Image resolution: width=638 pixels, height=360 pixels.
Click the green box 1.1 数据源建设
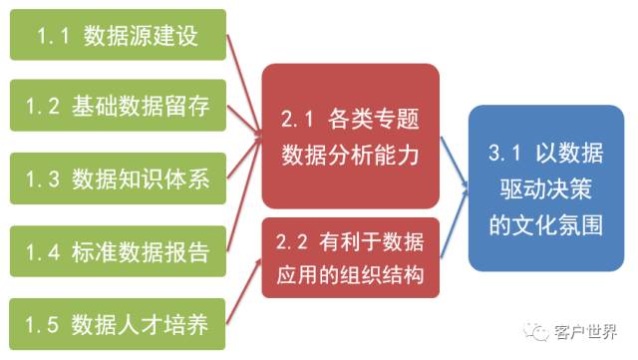coord(118,37)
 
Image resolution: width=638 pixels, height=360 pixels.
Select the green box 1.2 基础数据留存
coord(118,108)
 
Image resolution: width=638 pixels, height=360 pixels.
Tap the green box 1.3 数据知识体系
coord(118,180)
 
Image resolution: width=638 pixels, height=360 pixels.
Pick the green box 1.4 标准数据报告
coord(118,251)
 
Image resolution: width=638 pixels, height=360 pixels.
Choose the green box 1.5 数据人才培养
coord(118,323)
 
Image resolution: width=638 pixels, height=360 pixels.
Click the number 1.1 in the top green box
coord(52,38)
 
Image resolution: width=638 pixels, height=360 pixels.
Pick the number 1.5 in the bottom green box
coord(52,324)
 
